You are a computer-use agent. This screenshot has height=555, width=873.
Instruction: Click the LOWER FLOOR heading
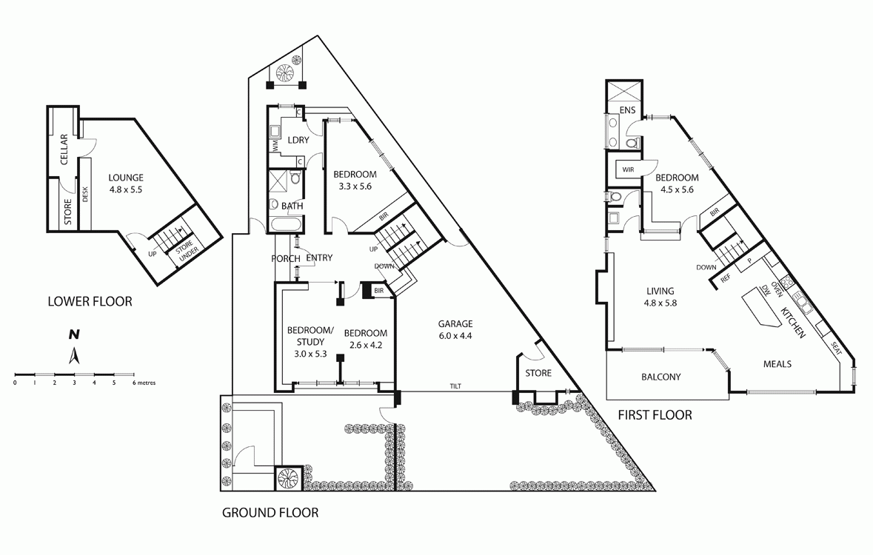click(x=90, y=301)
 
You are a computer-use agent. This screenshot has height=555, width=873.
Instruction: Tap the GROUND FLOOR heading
click(x=270, y=512)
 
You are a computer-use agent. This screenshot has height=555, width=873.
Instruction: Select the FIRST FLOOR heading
click(x=655, y=415)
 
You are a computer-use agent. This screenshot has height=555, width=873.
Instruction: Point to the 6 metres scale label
click(x=144, y=383)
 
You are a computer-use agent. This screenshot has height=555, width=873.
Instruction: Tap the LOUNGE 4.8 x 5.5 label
click(x=125, y=183)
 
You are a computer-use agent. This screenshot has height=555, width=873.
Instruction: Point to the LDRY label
click(x=298, y=140)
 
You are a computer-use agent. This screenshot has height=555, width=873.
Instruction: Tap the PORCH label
click(x=286, y=258)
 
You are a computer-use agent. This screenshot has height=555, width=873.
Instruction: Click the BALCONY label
click(x=660, y=377)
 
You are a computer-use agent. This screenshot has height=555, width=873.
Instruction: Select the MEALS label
click(x=777, y=364)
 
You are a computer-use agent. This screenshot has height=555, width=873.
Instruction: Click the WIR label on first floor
click(x=629, y=169)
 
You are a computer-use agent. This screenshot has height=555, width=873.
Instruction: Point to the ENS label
click(x=628, y=111)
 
